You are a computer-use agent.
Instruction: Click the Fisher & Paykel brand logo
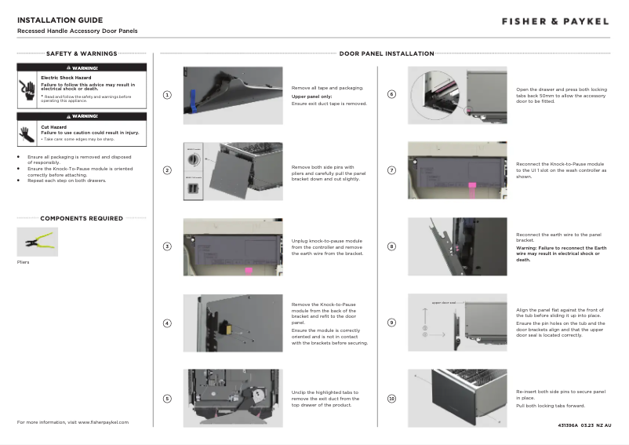[554, 21]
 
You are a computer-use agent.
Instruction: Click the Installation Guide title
[60, 20]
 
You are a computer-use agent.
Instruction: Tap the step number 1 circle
[167, 95]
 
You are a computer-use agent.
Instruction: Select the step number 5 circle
[167, 399]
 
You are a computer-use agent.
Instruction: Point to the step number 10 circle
[392, 399]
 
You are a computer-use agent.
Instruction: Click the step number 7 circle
[392, 171]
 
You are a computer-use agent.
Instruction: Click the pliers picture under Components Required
[37, 242]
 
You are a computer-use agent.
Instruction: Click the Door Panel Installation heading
[387, 54]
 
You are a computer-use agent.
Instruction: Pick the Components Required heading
[82, 218]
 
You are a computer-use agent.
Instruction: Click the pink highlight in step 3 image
[249, 271]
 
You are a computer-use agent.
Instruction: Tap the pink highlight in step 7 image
[473, 188]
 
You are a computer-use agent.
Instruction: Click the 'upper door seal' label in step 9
[445, 302]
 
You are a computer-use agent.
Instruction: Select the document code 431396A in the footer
[569, 425]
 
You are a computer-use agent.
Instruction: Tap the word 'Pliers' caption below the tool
[24, 262]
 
